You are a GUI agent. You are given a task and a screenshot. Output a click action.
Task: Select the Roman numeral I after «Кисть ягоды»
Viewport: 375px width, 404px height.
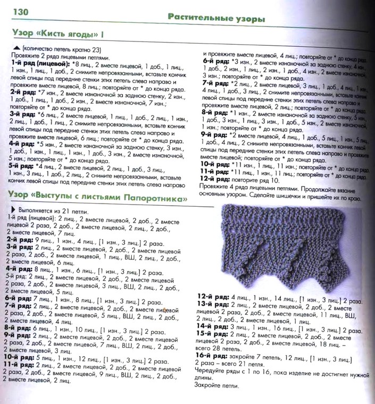[102, 35]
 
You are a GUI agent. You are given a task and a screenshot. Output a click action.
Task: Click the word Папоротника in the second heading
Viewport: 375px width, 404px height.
[154, 198]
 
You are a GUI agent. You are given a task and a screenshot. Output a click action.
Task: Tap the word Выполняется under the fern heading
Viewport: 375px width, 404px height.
[30, 211]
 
